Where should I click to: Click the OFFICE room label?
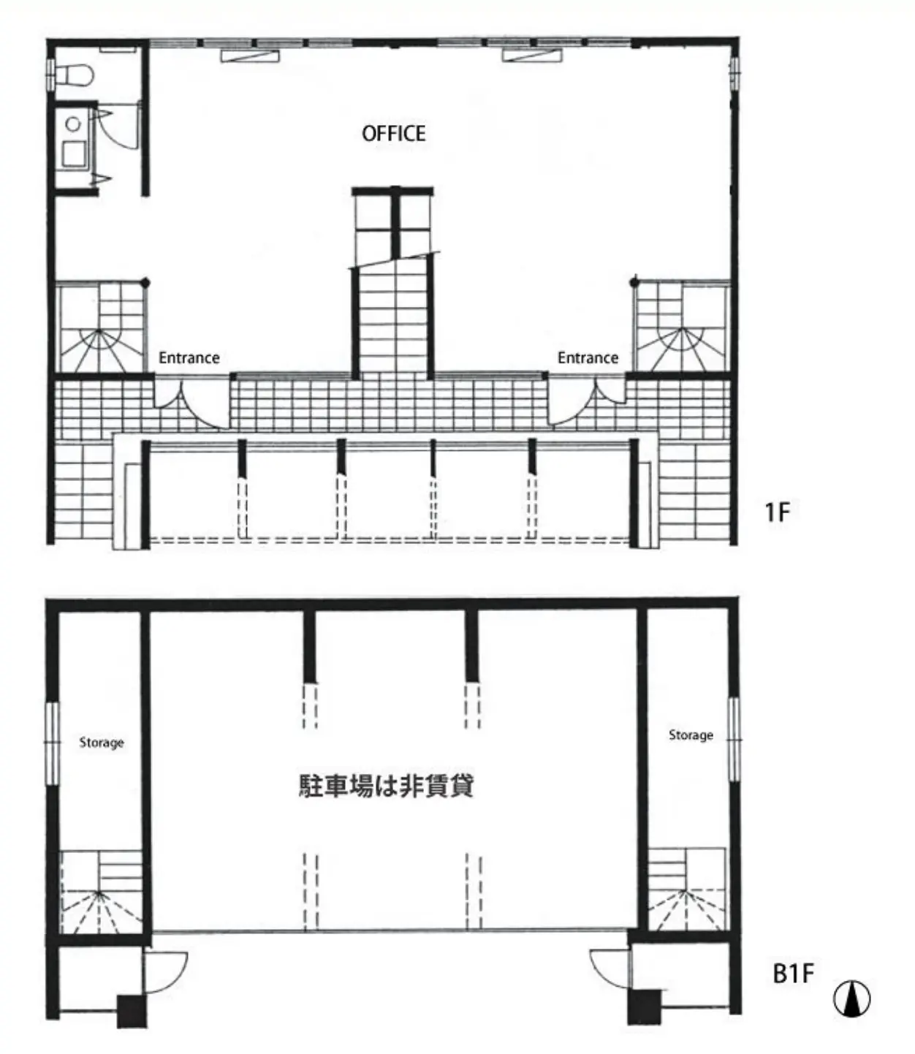pos(394,134)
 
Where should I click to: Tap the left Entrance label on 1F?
pos(189,357)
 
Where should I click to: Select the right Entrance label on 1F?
pos(588,357)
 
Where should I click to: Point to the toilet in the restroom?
pos(74,75)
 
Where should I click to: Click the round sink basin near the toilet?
pos(73,124)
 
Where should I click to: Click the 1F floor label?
pos(777,512)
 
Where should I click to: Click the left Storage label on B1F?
pos(102,743)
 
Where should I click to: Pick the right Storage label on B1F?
pos(691,735)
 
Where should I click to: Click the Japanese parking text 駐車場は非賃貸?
pos(386,786)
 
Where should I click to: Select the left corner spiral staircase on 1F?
pos(100,327)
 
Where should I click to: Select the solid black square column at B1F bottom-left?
pos(132,1012)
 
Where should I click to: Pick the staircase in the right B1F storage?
pos(686,889)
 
